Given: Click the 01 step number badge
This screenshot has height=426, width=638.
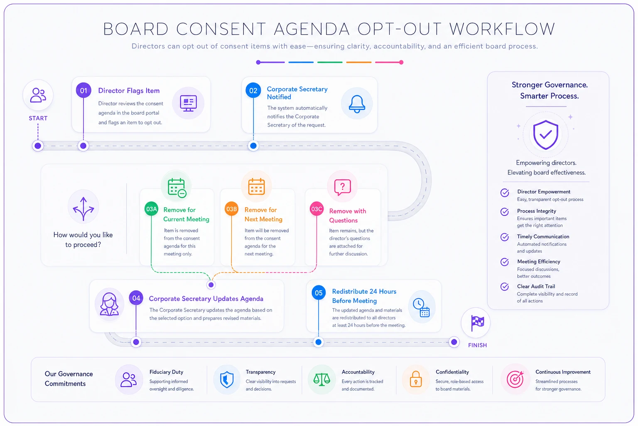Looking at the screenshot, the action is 83,90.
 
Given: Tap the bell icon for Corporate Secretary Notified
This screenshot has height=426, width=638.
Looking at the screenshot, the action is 357,104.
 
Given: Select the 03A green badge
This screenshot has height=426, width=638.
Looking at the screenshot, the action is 151,209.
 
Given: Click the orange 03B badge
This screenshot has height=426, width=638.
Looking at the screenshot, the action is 231,209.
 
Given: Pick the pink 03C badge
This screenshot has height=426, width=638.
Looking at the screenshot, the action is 317,209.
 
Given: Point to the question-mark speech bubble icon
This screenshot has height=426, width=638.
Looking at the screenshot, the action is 342,187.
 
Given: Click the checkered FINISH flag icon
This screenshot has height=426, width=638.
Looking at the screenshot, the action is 477,323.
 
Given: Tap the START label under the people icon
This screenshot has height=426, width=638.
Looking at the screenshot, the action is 38,118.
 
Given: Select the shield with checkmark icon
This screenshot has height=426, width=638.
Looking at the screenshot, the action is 545,135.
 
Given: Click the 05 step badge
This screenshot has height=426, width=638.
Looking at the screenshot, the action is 319,293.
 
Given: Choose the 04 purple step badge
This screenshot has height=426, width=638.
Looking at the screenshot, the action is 136,298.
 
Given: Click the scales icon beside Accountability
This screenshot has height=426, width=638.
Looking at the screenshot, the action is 321,380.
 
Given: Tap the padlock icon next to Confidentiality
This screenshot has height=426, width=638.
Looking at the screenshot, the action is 415,379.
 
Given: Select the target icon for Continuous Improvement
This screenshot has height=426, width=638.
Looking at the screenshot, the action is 515,379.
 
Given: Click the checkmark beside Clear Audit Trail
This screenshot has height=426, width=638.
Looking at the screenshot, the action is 504,287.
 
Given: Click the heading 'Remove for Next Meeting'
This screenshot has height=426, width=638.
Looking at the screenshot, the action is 263,215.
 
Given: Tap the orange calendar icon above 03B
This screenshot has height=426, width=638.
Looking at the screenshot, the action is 256,187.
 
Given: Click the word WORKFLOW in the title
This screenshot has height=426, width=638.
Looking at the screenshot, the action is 502,29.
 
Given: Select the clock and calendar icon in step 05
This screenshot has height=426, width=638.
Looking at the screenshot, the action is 422,307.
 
